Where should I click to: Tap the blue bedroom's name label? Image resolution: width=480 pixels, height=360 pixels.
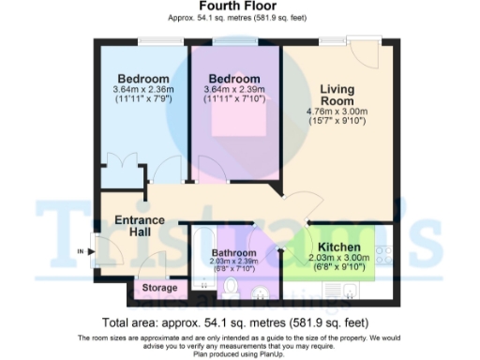click(x=142, y=78)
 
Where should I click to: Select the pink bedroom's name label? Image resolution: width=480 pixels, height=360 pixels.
click(x=233, y=78)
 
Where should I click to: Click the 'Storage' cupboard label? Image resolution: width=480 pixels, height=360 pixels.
click(x=158, y=287)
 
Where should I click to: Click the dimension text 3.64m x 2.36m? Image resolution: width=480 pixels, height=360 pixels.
click(x=142, y=90)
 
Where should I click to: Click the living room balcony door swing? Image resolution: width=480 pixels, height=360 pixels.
click(x=362, y=47)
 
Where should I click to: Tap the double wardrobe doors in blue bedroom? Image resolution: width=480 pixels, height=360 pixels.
click(x=122, y=176)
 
